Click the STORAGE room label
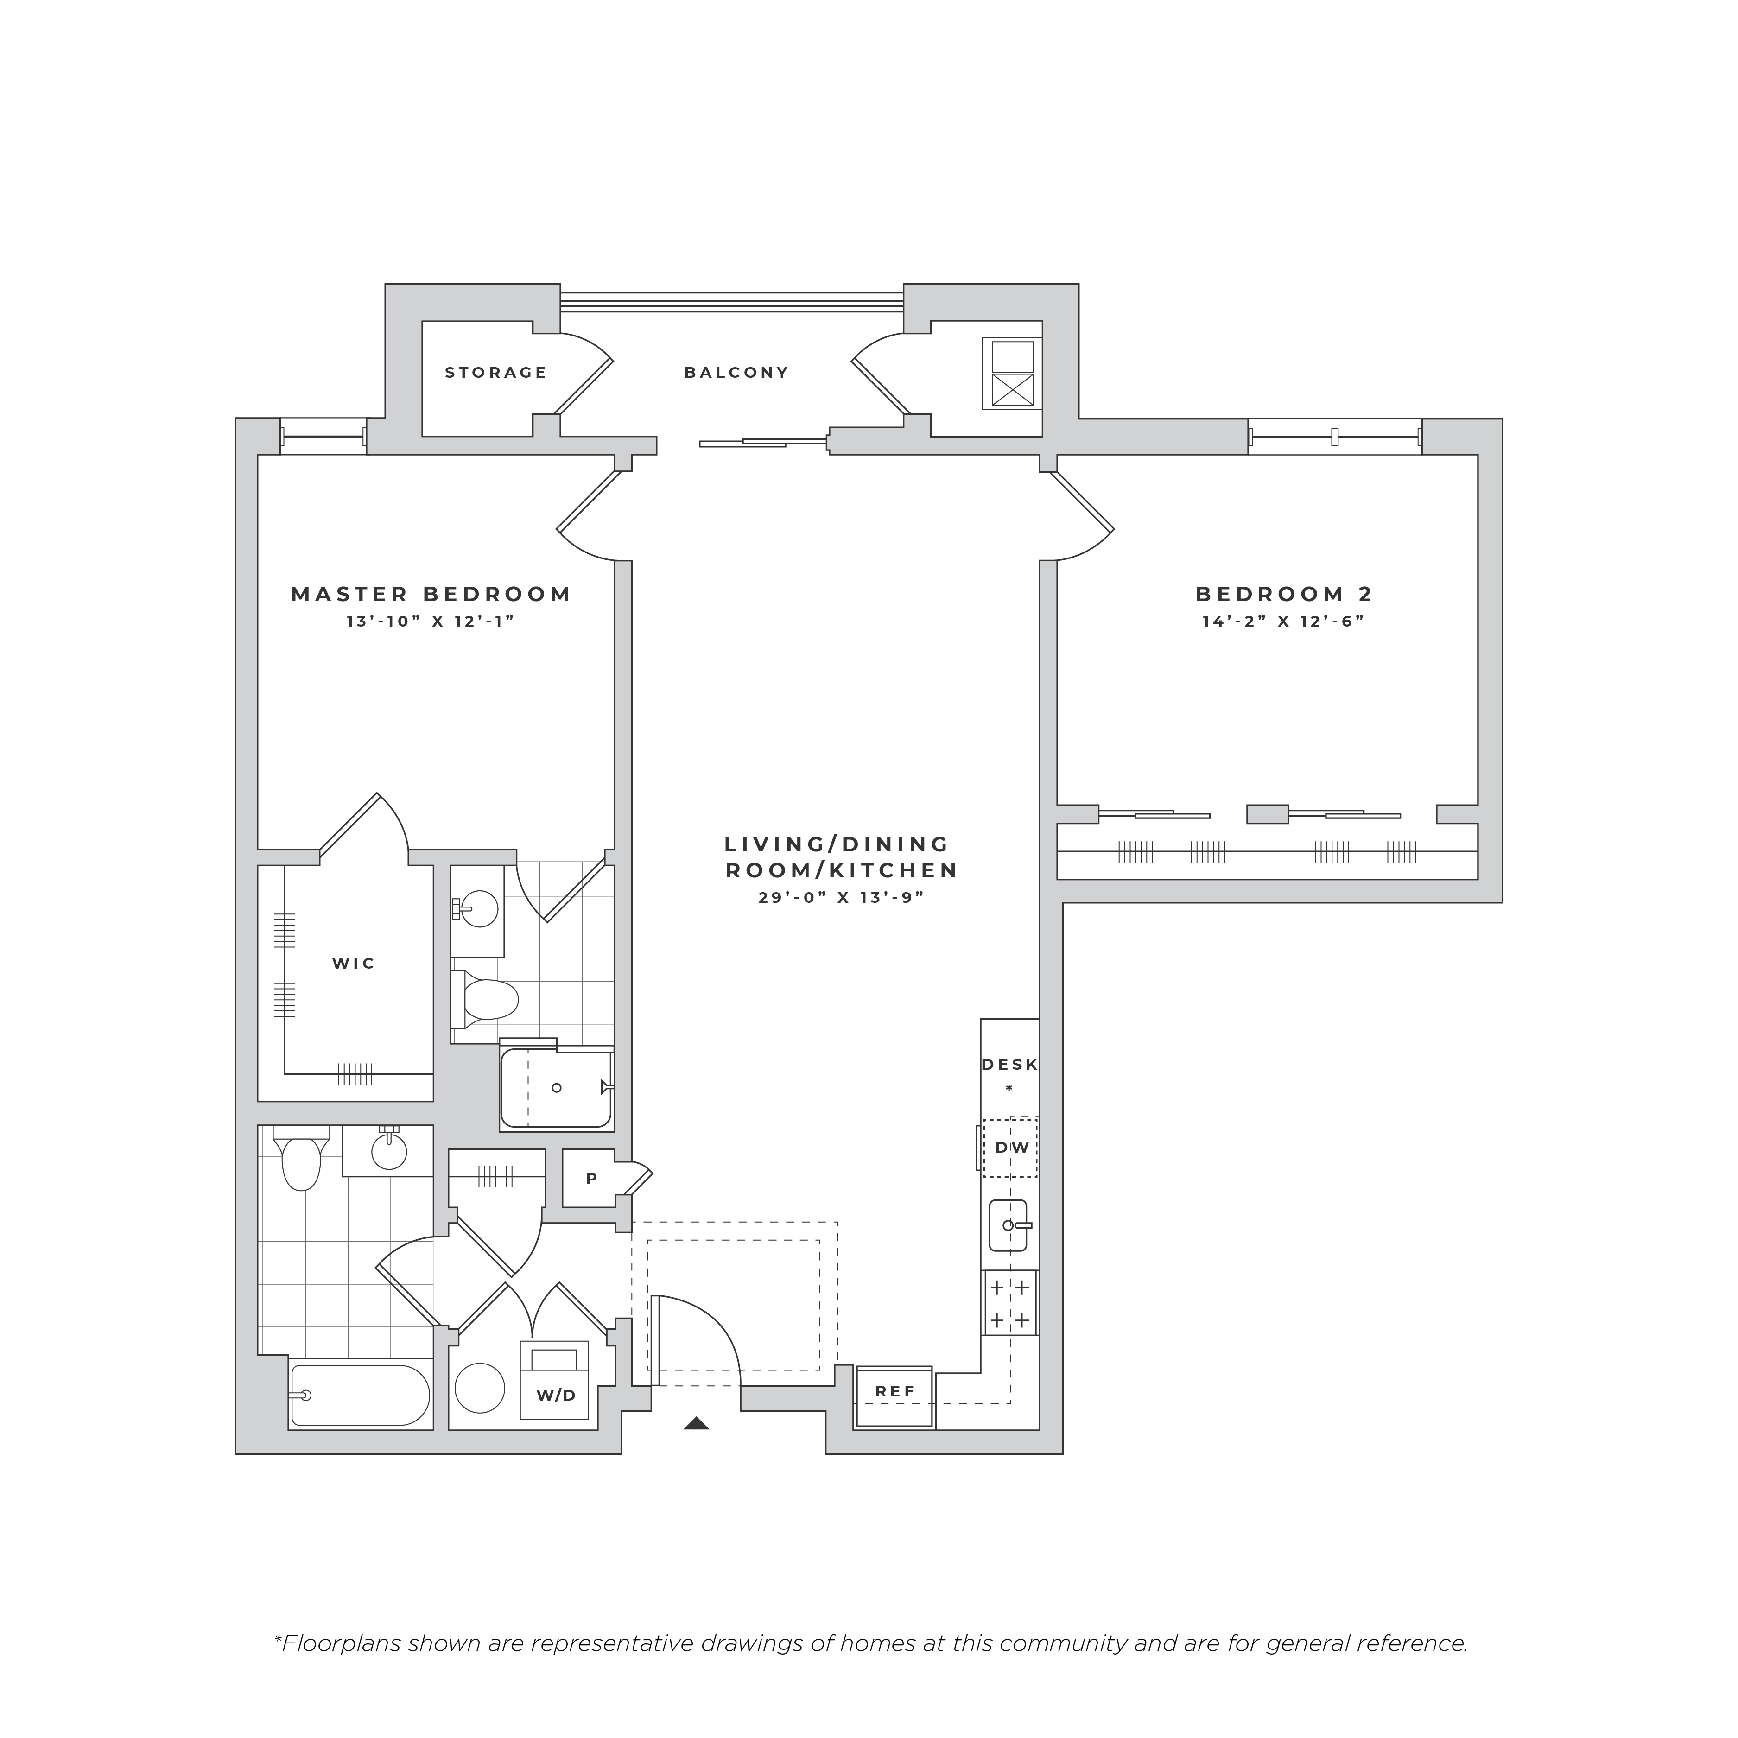495,373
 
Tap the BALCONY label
737,373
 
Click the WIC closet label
354,964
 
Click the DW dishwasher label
1012,1148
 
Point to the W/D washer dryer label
556,1395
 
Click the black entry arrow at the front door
696,1423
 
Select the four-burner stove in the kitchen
1009,1303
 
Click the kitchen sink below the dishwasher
1009,1225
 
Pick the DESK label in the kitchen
1009,1065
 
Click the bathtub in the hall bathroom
360,1395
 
